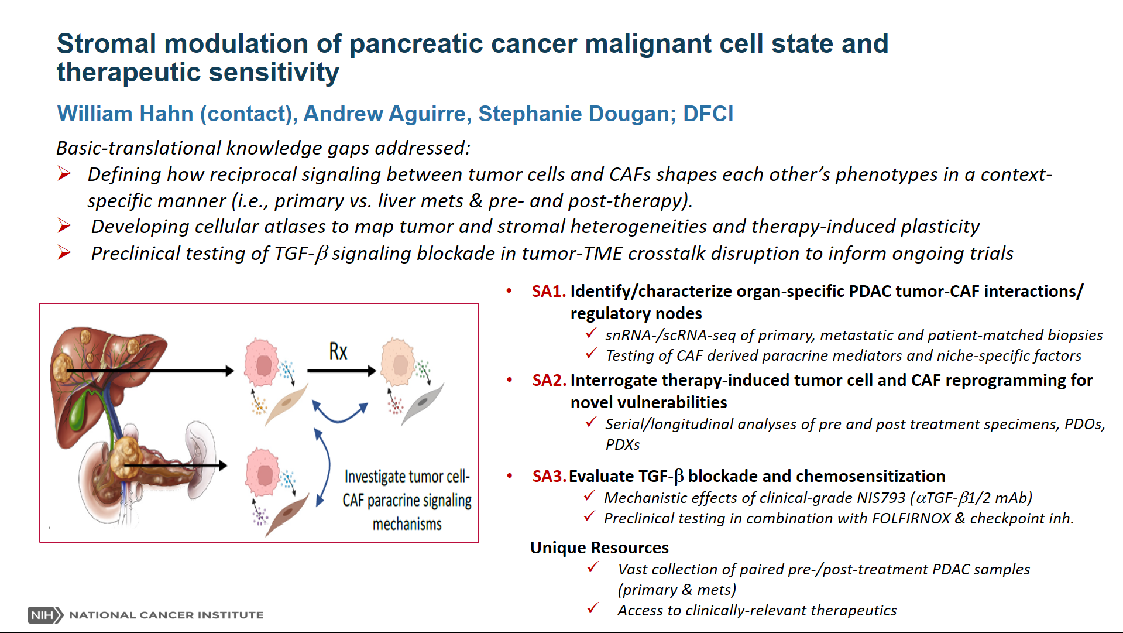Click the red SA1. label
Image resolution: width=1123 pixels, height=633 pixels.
tap(548, 292)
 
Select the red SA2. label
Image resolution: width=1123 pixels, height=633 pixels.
tap(549, 381)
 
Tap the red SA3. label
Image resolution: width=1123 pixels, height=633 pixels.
tap(549, 477)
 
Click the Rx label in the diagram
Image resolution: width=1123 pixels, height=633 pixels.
tap(338, 351)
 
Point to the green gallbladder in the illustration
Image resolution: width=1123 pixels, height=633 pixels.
tap(78, 410)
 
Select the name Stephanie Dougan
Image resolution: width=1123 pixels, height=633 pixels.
tap(577, 114)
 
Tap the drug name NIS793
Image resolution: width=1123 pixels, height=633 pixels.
tap(881, 498)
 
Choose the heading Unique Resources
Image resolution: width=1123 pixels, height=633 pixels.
tap(599, 548)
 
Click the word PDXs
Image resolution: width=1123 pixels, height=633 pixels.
tap(623, 444)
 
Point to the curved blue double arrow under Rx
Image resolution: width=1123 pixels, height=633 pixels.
tap(340, 413)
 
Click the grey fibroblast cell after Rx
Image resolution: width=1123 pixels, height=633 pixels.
tap(421, 403)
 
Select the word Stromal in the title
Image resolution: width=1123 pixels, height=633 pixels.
tap(107, 44)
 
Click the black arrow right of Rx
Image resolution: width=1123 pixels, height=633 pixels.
tap(342, 371)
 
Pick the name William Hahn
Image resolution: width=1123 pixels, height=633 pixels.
tap(125, 114)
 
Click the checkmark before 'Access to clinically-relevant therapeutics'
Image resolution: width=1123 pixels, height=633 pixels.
tap(593, 608)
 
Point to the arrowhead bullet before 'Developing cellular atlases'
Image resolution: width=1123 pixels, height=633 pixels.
tap(64, 225)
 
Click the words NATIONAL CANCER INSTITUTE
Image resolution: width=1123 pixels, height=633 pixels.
tap(166, 615)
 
